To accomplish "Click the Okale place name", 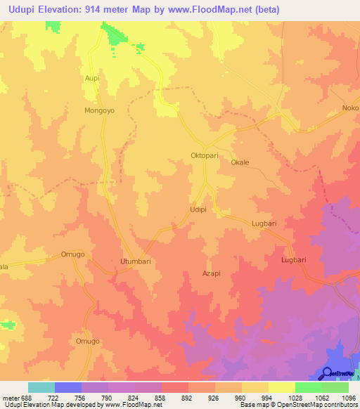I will coord(240,162).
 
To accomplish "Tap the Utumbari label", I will coord(136,261).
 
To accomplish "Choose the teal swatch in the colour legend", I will coord(41,387).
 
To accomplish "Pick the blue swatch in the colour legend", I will coord(68,387).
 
